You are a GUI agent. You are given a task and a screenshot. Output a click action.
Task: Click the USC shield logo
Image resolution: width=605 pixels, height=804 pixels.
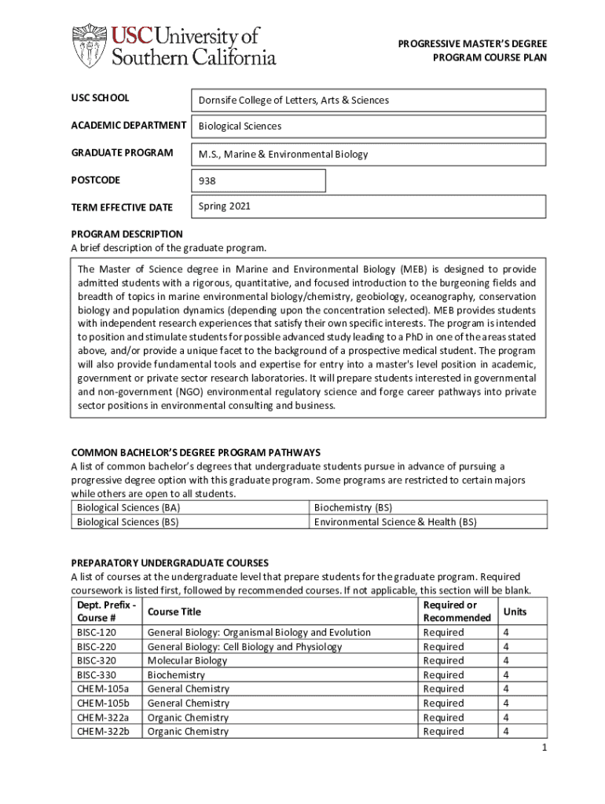pos(90,46)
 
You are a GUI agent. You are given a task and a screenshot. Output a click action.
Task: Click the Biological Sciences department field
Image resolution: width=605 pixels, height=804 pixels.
pos(368,126)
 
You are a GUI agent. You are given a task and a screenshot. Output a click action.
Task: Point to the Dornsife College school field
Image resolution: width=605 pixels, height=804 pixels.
pos(368,100)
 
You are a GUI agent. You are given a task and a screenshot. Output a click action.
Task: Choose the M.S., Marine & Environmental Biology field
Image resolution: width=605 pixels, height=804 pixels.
pos(368,154)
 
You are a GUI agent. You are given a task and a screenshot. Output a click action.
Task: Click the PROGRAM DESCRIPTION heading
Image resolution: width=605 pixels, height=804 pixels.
pos(126,234)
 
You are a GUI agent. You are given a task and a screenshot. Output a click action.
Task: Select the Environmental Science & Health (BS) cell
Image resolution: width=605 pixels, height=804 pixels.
pos(395,522)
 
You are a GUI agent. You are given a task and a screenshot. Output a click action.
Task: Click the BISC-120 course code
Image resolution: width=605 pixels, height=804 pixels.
pos(97,633)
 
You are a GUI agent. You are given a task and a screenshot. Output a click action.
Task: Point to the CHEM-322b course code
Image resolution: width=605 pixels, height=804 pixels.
pos(103,732)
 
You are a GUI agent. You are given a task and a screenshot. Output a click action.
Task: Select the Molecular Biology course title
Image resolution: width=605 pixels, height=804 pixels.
pos(187,661)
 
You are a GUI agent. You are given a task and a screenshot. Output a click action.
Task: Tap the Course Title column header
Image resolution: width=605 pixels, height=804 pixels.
pos(174,612)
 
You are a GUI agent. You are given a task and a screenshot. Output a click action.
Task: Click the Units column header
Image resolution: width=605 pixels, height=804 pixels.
pos(515,612)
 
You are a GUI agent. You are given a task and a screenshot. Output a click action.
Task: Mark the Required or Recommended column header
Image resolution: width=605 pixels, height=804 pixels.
pos(456,612)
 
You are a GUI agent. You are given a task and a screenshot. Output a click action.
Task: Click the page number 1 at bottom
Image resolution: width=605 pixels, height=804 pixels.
pos(543,748)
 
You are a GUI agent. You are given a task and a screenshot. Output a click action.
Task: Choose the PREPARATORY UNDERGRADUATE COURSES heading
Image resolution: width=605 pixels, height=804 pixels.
pos(170,563)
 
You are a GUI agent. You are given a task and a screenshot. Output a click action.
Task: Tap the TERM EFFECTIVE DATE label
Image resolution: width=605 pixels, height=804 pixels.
pos(122,207)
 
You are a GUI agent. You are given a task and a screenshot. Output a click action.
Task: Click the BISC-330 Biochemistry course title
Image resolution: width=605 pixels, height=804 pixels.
pos(176,675)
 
